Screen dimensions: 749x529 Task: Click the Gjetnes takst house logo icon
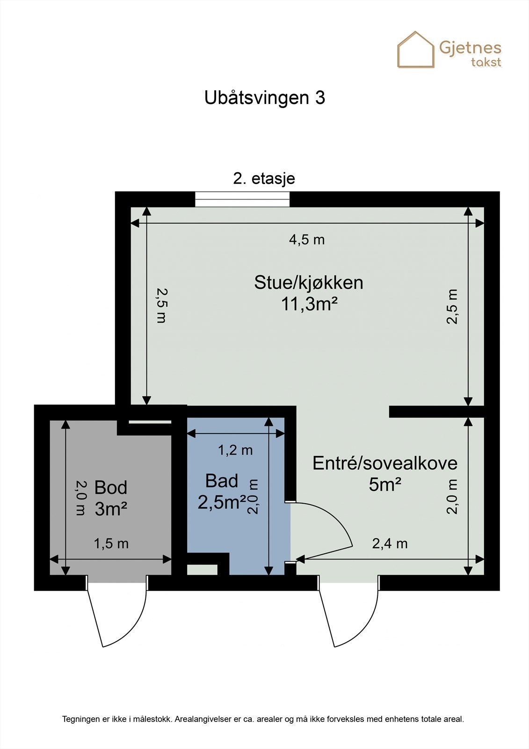coord(416,50)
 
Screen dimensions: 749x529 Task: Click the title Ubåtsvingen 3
coord(264,98)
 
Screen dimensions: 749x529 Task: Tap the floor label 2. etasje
coord(264,178)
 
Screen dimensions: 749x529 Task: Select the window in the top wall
coord(242,199)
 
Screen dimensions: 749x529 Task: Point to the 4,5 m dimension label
coord(306,240)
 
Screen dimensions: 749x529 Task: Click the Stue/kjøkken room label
coord(308,283)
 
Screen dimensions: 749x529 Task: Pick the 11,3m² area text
coord(309,304)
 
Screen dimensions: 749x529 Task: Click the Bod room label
coord(110,487)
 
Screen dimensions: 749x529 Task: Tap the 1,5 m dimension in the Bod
coord(111,543)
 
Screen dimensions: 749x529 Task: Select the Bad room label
coord(222,481)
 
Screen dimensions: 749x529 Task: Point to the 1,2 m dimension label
coord(235,450)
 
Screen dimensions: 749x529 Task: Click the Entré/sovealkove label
coord(384,463)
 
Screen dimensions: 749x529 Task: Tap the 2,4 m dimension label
coord(390,543)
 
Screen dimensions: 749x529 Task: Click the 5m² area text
coord(385,485)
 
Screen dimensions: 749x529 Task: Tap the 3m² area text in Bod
coord(111,509)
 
